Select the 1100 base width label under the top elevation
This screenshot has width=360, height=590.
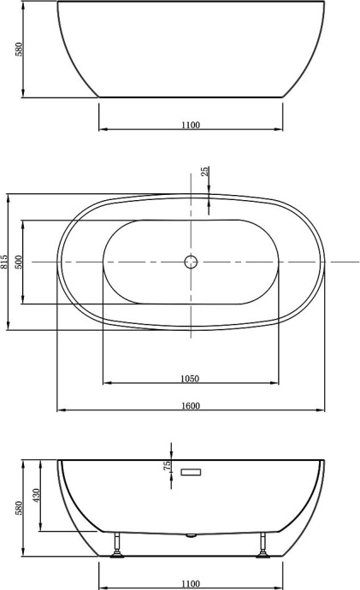click(190, 125)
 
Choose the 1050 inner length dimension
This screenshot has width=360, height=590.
click(190, 378)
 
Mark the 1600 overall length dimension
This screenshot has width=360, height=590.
click(190, 405)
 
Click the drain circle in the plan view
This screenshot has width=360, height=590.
click(191, 261)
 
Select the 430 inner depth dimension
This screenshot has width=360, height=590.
click(37, 495)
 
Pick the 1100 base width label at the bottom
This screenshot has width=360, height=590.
click(190, 583)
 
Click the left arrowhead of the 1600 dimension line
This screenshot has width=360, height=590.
click(61, 410)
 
